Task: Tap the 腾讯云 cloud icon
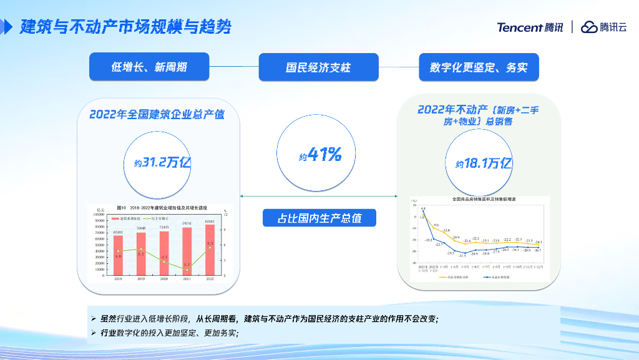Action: point(588,27)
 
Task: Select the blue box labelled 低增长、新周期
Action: point(149,67)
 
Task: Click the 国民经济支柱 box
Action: point(318,67)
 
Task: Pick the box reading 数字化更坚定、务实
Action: point(479,67)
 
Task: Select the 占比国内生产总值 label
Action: point(319,218)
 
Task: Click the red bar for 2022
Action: point(210,250)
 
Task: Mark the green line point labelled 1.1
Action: point(187,270)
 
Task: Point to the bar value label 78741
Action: point(187,223)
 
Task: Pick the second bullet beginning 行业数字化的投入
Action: point(168,333)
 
